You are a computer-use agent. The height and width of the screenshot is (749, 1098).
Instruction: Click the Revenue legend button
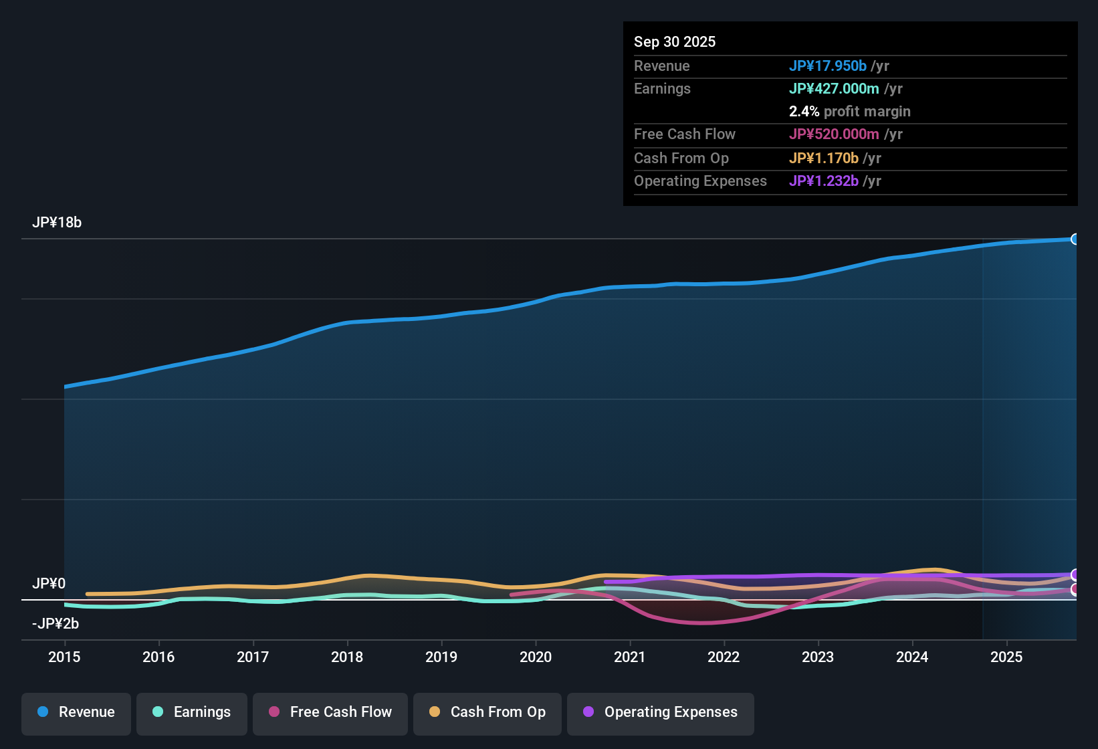(x=76, y=712)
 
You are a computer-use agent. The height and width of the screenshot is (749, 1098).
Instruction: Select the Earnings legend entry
(x=192, y=712)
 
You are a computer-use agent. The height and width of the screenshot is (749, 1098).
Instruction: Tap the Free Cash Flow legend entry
(x=330, y=712)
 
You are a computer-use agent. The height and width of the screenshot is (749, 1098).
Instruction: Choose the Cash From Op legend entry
(x=487, y=712)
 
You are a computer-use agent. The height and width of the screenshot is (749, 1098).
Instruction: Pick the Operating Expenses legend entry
(x=661, y=712)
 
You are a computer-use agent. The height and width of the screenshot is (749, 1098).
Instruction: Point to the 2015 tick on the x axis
(x=64, y=657)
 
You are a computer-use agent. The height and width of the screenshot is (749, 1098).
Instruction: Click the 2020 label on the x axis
(x=536, y=657)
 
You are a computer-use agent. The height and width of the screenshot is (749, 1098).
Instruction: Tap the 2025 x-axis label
(x=1006, y=657)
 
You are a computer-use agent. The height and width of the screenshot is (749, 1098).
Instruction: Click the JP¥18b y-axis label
(x=57, y=223)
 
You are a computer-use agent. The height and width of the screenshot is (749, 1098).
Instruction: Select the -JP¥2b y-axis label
(x=56, y=624)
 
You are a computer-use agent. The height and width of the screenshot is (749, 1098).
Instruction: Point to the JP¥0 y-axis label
(x=49, y=584)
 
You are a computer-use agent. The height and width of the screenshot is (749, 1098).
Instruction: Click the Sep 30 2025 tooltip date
(x=675, y=41)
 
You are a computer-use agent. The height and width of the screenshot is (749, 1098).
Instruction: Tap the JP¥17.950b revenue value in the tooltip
(x=827, y=66)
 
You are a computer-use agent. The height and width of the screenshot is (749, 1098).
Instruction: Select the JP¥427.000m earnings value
(x=834, y=88)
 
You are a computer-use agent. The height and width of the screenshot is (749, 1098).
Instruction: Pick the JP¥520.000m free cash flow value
(x=834, y=134)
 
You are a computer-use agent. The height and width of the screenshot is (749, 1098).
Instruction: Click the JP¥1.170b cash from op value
(x=823, y=158)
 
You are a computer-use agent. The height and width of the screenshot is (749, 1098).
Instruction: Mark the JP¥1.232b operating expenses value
(x=823, y=181)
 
